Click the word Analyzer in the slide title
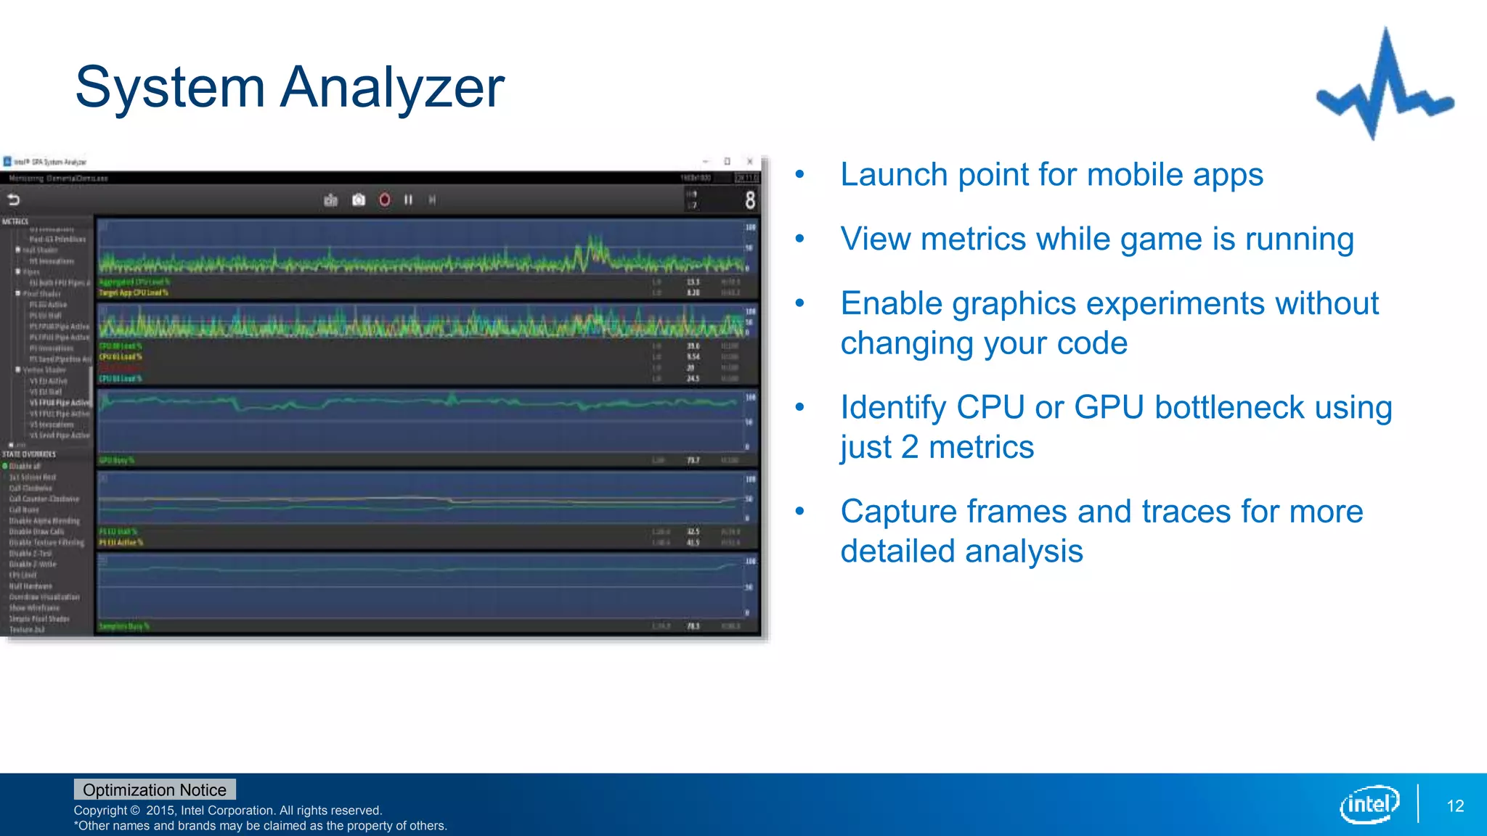point(392,87)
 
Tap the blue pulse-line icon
point(1385,83)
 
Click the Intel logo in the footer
point(1369,804)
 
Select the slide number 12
point(1455,806)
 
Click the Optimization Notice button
point(155,790)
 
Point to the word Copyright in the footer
point(100,811)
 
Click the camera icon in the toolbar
point(358,200)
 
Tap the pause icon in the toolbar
point(408,200)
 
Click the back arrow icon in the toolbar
point(14,200)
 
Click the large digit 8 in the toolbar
point(749,200)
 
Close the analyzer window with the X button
point(749,161)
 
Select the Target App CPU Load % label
point(134,293)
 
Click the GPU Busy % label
point(116,460)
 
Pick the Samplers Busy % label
point(123,626)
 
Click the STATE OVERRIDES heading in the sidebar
point(29,454)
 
